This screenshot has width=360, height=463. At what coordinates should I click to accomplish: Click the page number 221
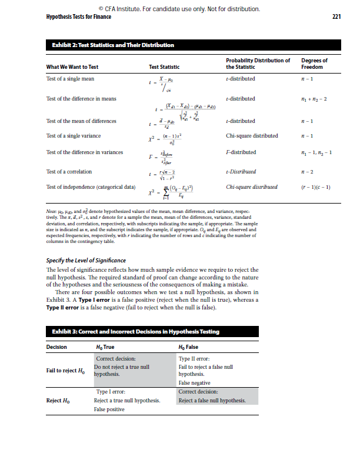[x=336, y=16]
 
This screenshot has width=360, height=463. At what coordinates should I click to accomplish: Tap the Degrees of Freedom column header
[x=314, y=64]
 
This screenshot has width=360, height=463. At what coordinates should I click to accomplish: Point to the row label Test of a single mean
[x=70, y=78]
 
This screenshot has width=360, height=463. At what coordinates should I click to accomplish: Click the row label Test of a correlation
[x=69, y=172]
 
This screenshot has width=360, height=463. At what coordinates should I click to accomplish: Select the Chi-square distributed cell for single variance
[x=252, y=136]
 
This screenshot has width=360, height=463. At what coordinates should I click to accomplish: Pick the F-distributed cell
[x=241, y=152]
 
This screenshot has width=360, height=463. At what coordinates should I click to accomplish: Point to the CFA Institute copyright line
[x=179, y=9]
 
